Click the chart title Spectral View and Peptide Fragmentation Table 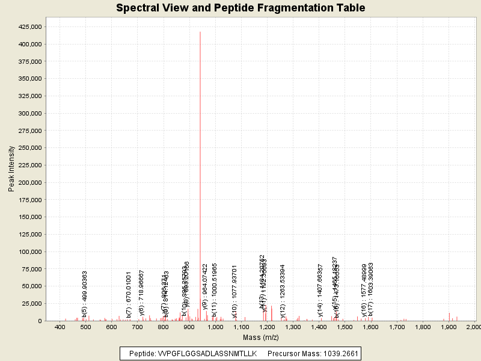[x=240, y=8]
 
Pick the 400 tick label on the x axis [x=60, y=327]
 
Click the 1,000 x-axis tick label [x=215, y=327]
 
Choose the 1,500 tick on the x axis [x=345, y=327]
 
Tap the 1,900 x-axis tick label [x=449, y=327]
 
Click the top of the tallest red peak [x=200, y=32]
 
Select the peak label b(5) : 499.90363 [x=85, y=294]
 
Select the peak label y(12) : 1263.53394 [x=283, y=291]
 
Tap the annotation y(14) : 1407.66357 [x=320, y=291]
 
